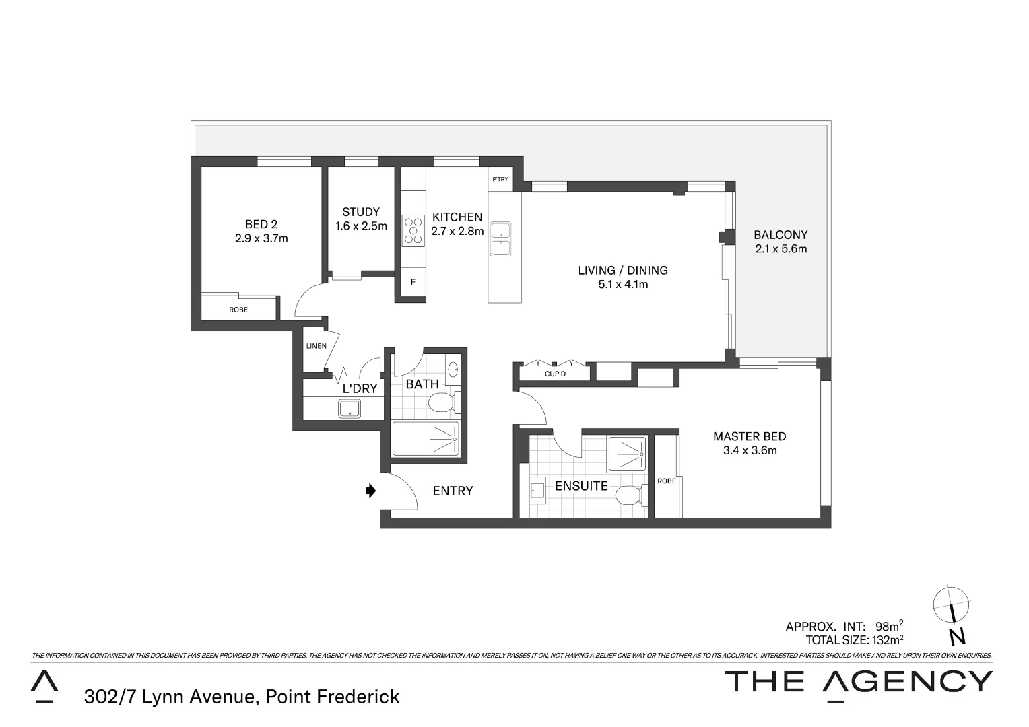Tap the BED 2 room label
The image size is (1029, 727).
(261, 231)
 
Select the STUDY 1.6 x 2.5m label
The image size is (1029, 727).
(361, 219)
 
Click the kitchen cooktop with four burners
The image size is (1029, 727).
(413, 231)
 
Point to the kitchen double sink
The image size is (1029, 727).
(500, 239)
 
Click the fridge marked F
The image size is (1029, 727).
(413, 283)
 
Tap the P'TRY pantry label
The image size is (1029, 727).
(500, 179)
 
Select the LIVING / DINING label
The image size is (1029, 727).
(623, 277)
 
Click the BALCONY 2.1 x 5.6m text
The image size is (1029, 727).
(781, 242)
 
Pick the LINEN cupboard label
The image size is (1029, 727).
(316, 346)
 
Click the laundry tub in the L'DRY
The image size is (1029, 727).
(349, 409)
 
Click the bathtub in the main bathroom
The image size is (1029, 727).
(426, 440)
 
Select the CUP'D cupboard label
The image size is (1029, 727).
(555, 374)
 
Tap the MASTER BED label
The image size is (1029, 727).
(750, 443)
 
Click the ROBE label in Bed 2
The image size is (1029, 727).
(238, 310)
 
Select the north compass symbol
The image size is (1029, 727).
(952, 606)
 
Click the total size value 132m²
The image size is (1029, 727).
(888, 639)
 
